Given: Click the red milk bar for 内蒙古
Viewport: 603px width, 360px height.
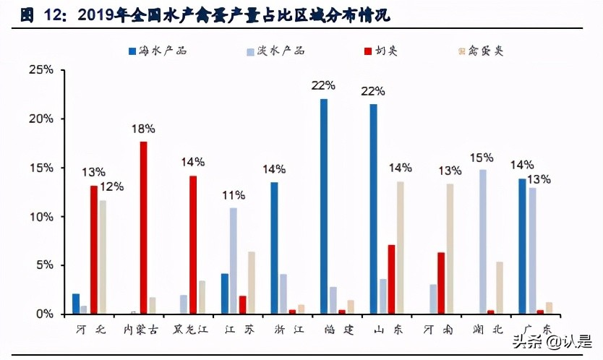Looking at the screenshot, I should coord(143,228).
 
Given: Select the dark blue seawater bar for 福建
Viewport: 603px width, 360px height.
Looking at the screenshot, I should coord(323,206).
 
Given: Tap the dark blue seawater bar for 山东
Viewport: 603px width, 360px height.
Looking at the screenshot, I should coord(373,209).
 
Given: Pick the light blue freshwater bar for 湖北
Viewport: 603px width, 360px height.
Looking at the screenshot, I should coord(482,241).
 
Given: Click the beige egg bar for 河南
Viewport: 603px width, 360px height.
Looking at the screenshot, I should coord(450,249).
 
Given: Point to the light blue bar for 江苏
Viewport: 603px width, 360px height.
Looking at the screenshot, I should coord(234,261).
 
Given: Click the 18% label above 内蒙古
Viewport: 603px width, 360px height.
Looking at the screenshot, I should coord(143,129).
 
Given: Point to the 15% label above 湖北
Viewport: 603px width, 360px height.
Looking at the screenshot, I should coord(481,157).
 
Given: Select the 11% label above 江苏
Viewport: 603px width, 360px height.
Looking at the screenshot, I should coord(234,195).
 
